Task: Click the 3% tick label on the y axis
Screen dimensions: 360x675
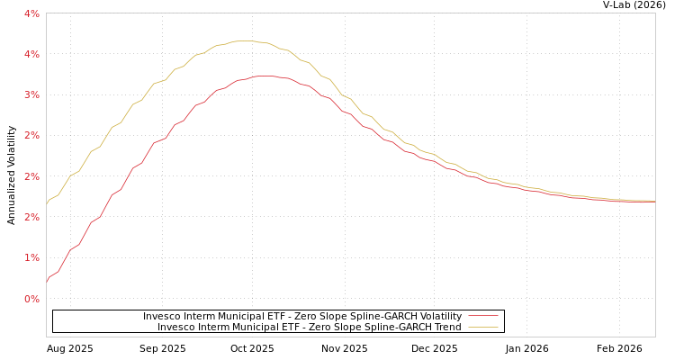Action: (x=31, y=94)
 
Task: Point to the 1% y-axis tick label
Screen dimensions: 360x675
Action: (x=31, y=257)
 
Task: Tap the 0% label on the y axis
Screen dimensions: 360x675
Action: (x=31, y=298)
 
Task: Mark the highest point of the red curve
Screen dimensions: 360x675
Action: (x=263, y=76)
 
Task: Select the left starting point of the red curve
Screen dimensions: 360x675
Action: (x=47, y=282)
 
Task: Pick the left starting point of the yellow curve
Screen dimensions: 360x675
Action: (x=47, y=204)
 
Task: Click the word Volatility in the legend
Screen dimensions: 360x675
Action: (x=440, y=317)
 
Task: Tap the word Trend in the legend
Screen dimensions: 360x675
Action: (x=446, y=328)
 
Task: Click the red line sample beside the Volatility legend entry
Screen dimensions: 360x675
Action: (x=483, y=317)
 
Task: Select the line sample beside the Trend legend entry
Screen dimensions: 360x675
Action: (x=483, y=328)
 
